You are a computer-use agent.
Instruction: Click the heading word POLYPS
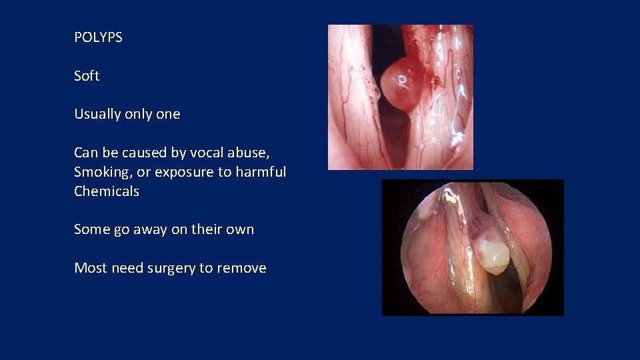(98, 37)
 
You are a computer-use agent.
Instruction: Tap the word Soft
(87, 76)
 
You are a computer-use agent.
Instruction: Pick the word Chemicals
(107, 191)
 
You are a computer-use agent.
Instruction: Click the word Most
(91, 268)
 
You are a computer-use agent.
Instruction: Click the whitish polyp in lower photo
(493, 253)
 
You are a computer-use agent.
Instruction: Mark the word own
(240, 229)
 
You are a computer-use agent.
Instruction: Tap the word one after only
(168, 114)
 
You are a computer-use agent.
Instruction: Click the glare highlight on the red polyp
(403, 79)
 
